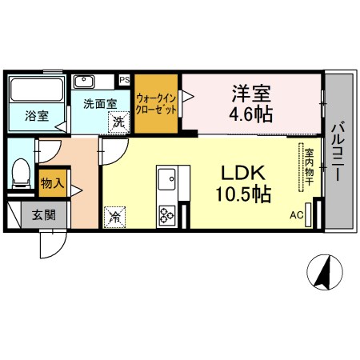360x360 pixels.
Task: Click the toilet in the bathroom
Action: [x=21, y=174]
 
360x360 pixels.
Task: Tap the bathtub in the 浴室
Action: [x=37, y=90]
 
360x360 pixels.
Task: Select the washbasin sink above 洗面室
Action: [x=84, y=82]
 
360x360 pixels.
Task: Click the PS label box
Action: [x=124, y=80]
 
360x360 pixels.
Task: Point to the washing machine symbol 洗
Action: [x=118, y=122]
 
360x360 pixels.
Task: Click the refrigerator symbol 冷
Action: [x=114, y=217]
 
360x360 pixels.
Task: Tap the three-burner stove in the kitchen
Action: [x=167, y=215]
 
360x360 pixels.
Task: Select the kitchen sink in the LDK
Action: [x=167, y=179]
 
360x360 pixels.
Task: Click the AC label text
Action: [x=297, y=215]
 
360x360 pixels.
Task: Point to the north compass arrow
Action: [x=325, y=272]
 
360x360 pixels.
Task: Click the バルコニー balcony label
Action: [x=337, y=150]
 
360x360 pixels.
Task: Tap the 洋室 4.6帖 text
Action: [x=251, y=103]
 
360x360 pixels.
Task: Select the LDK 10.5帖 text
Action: [x=243, y=184]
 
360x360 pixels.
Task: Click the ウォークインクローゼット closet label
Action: [x=156, y=104]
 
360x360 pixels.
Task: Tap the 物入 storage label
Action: [x=52, y=183]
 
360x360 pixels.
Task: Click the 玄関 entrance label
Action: [x=44, y=215]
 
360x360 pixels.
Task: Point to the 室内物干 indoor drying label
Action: [x=310, y=167]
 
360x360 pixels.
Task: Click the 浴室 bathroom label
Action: [x=37, y=116]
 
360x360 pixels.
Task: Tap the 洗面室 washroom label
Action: [x=100, y=104]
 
